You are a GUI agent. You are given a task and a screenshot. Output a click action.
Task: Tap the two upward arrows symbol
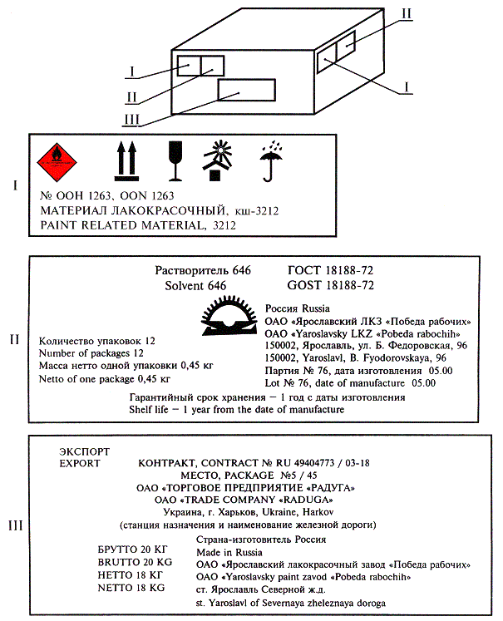point(125,160)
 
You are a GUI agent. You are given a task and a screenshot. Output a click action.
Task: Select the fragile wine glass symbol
point(175,160)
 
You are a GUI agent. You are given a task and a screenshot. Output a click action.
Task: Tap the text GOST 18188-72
point(330,285)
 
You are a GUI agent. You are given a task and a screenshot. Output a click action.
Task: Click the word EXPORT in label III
point(80,462)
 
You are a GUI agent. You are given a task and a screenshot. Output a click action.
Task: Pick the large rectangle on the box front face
point(247,90)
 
